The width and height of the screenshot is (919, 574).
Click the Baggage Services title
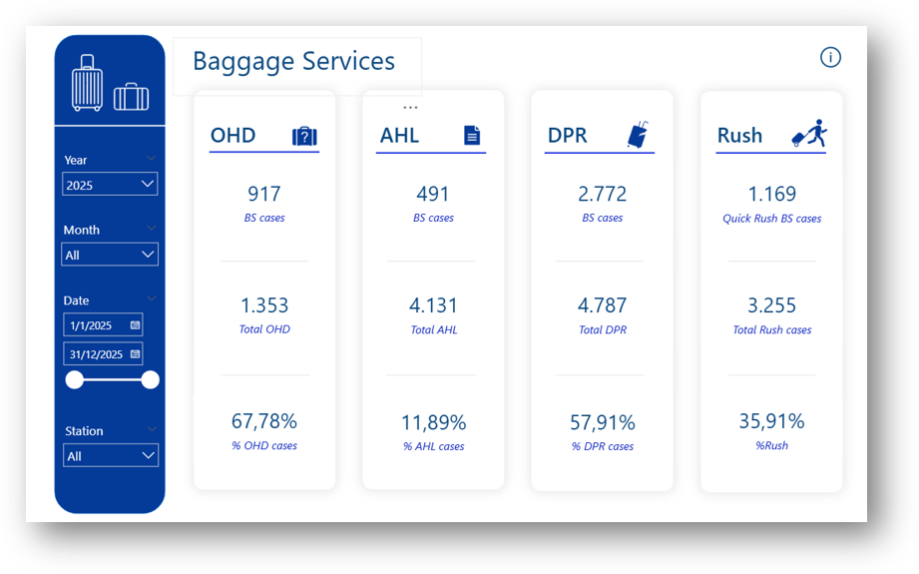click(x=293, y=62)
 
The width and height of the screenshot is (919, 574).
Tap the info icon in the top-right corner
click(x=830, y=57)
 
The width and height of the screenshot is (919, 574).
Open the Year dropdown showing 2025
click(x=110, y=185)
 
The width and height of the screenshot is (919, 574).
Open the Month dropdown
click(x=110, y=255)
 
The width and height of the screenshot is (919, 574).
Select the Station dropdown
click(x=110, y=456)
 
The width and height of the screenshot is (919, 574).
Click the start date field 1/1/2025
click(x=103, y=325)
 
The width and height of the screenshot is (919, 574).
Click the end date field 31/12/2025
click(x=103, y=354)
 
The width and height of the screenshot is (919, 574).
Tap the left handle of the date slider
click(x=74, y=379)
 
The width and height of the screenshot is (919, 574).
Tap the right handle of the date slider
click(x=151, y=379)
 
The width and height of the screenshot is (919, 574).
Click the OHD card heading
click(x=233, y=136)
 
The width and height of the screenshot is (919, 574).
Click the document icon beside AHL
click(x=472, y=136)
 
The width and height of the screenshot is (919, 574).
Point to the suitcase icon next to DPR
click(x=637, y=135)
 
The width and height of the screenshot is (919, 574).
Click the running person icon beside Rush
click(x=809, y=134)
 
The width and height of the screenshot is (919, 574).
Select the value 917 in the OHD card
click(x=264, y=194)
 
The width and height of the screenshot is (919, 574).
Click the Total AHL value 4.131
click(x=433, y=305)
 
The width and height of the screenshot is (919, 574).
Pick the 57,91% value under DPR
click(x=602, y=422)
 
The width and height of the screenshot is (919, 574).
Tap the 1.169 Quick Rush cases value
click(x=771, y=194)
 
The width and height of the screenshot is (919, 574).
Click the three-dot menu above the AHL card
click(x=410, y=107)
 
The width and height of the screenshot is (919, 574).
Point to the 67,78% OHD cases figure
click(x=264, y=421)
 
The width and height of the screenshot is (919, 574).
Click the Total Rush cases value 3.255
click(x=771, y=305)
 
